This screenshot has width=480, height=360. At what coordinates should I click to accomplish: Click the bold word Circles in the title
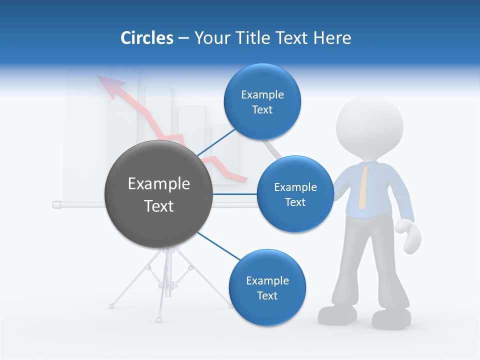click(146, 38)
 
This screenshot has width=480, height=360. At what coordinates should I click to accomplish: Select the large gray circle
click(158, 194)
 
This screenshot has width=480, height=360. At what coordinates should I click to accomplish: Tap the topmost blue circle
click(262, 101)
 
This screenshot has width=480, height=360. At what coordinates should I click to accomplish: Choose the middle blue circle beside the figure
click(295, 194)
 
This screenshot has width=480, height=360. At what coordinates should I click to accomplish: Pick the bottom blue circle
click(267, 288)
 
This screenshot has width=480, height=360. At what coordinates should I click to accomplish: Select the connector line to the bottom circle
click(220, 246)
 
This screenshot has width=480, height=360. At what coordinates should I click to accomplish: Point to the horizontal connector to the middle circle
click(235, 194)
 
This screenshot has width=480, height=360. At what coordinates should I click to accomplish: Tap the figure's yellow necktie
click(363, 187)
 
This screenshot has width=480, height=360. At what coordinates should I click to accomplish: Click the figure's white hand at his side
click(408, 235)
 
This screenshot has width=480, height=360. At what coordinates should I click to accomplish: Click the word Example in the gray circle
click(158, 184)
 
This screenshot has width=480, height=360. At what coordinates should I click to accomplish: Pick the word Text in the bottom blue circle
click(267, 295)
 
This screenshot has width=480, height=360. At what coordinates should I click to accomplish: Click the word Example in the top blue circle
click(262, 94)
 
